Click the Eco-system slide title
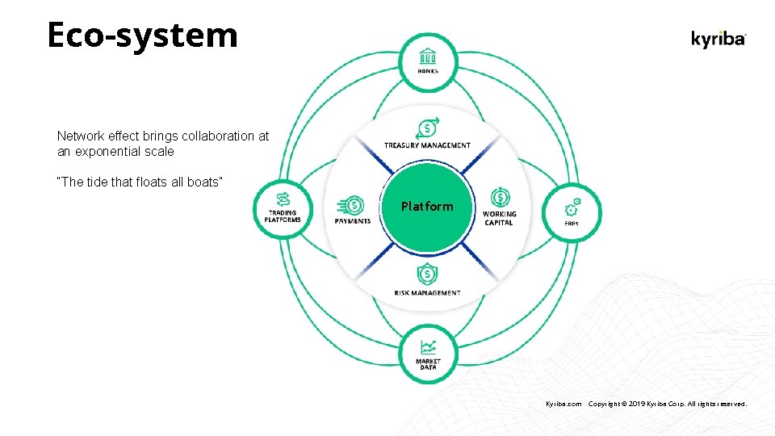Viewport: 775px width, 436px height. click(142, 36)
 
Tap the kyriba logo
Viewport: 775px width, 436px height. click(718, 39)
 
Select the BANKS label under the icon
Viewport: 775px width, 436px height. click(428, 71)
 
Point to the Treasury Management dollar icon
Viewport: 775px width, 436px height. click(427, 128)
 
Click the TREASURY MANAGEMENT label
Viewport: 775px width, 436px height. click(427, 145)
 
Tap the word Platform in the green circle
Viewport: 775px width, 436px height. click(427, 207)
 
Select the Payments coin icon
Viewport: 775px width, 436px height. click(352, 204)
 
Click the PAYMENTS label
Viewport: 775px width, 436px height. click(353, 221)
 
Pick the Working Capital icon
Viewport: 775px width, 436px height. click(499, 199)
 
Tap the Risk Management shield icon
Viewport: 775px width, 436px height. click(427, 275)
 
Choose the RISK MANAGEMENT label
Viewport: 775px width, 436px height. click(428, 292)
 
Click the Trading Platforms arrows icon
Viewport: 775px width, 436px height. click(283, 199)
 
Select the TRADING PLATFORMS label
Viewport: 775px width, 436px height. click(283, 216)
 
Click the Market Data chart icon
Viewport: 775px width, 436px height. click(428, 348)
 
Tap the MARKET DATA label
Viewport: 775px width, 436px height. click(428, 364)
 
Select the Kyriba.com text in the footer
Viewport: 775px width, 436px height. click(563, 403)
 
